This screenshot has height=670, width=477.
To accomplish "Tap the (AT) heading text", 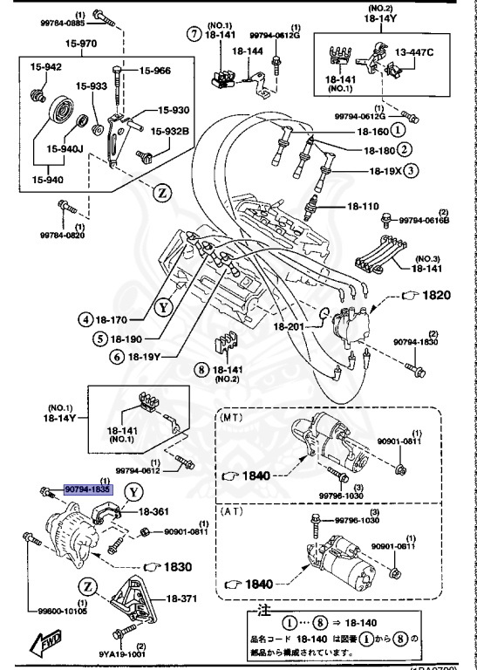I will point(231,510).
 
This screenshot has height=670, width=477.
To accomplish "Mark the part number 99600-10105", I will point(60,611).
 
